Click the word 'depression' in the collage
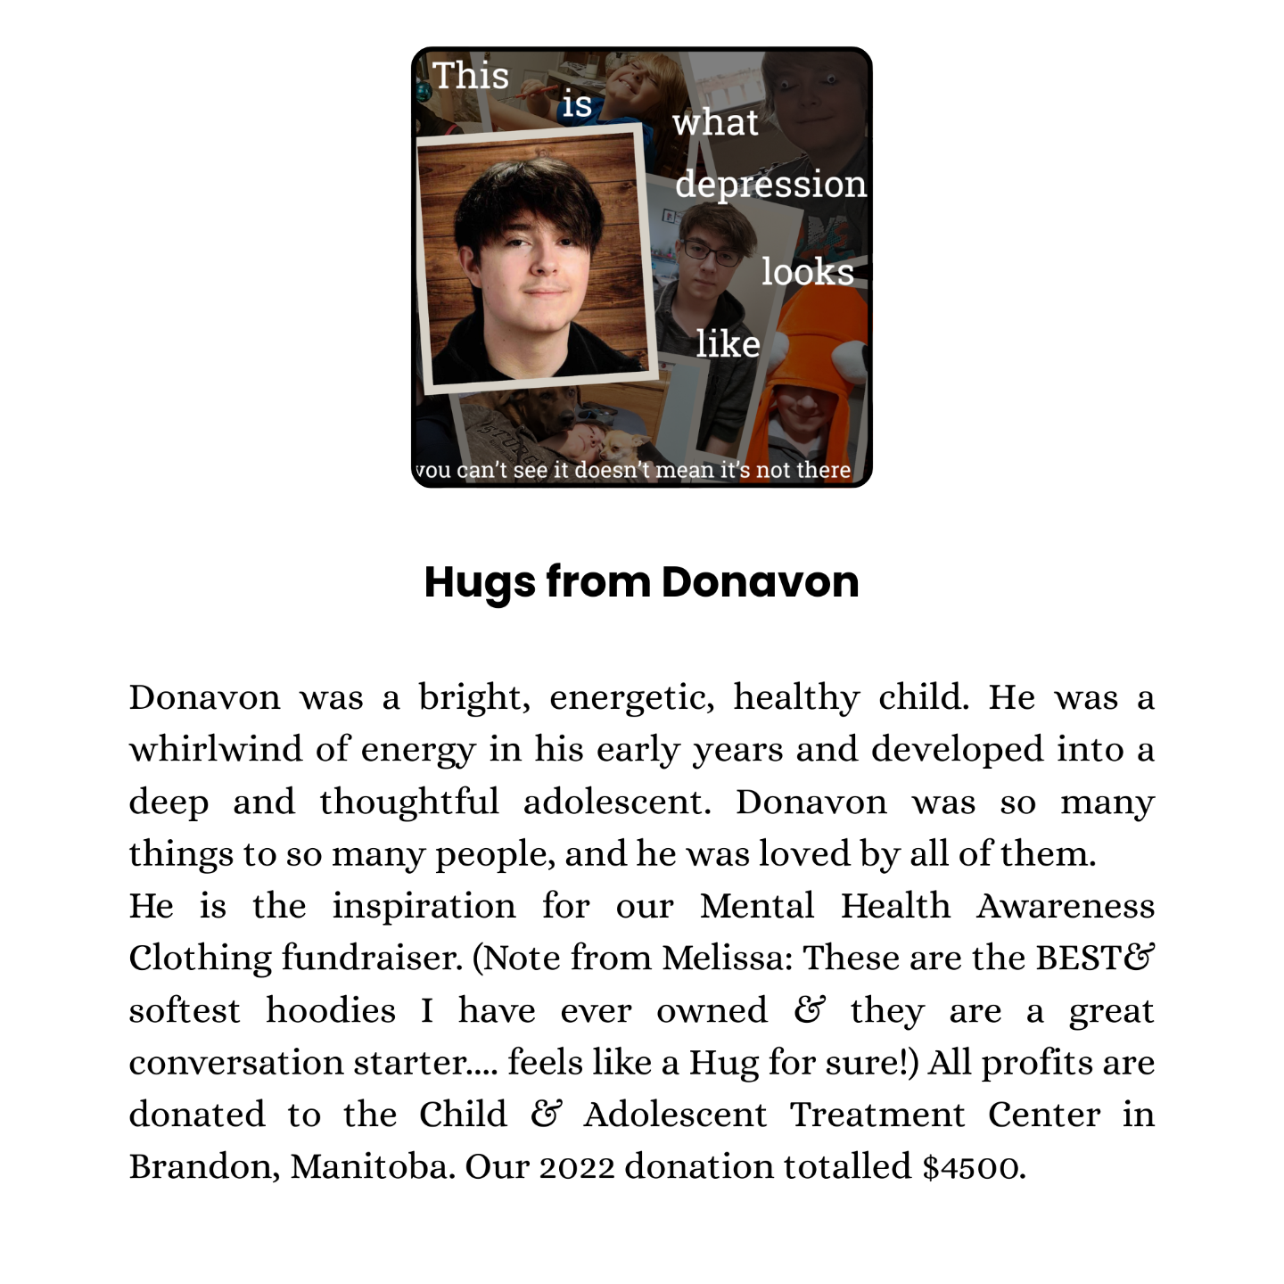tap(770, 185)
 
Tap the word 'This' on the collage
tap(471, 76)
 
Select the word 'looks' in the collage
tap(808, 272)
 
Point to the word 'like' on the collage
tap(728, 344)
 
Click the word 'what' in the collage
tap(715, 123)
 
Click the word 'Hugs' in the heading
tap(480, 582)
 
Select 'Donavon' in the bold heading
tap(760, 582)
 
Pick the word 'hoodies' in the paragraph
tap(331, 1010)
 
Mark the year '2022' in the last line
tap(576, 1167)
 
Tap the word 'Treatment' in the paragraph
tap(877, 1115)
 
